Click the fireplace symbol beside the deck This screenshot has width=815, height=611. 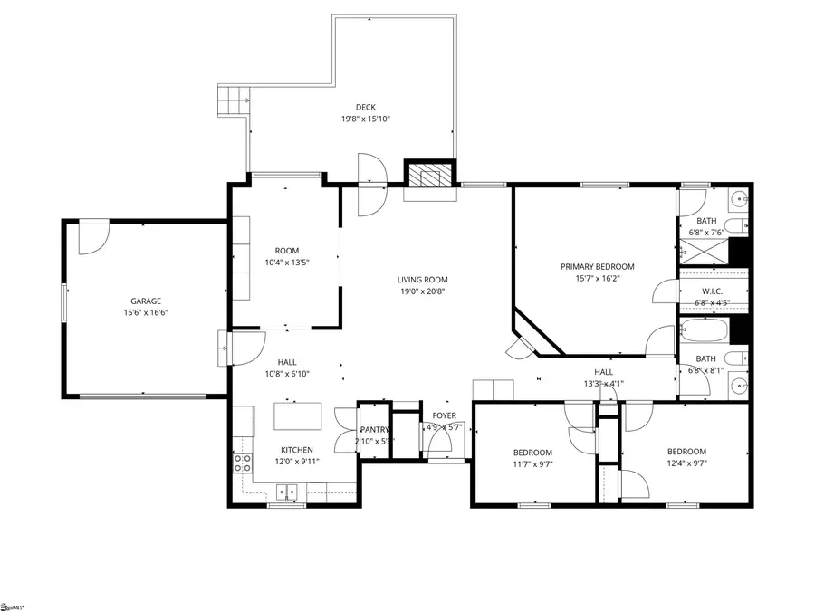coord(427,174)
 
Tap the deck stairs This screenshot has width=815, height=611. coord(231,99)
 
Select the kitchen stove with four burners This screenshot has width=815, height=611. coord(243,463)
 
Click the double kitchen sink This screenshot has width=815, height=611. coord(287,493)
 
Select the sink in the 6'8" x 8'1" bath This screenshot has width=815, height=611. coord(738,387)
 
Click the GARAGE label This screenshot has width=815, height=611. coord(145,301)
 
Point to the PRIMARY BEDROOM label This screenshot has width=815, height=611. coord(597,267)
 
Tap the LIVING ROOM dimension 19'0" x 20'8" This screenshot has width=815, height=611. coord(423,291)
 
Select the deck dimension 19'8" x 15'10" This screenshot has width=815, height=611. coord(365,119)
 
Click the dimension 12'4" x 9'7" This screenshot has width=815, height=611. coord(686,463)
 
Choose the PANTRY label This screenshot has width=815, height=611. coord(374,430)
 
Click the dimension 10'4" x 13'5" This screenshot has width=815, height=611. coord(287,263)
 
